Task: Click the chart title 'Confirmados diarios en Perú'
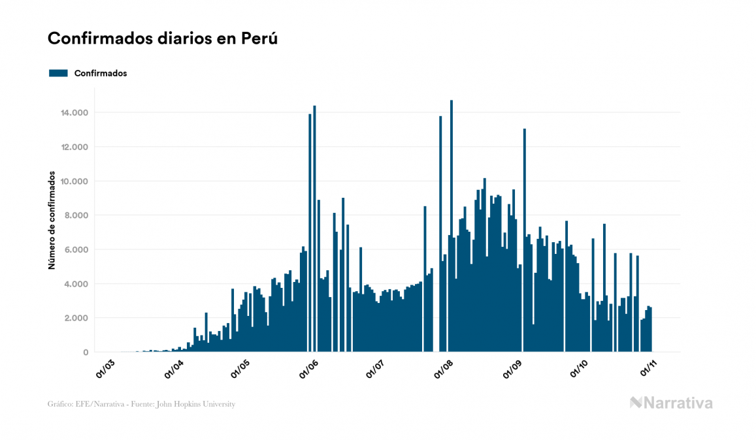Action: coord(163,39)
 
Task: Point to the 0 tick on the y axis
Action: coord(86,353)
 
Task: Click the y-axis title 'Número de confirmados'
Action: coord(51,222)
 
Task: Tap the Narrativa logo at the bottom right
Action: coord(671,403)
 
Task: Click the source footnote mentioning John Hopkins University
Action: coord(141,404)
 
